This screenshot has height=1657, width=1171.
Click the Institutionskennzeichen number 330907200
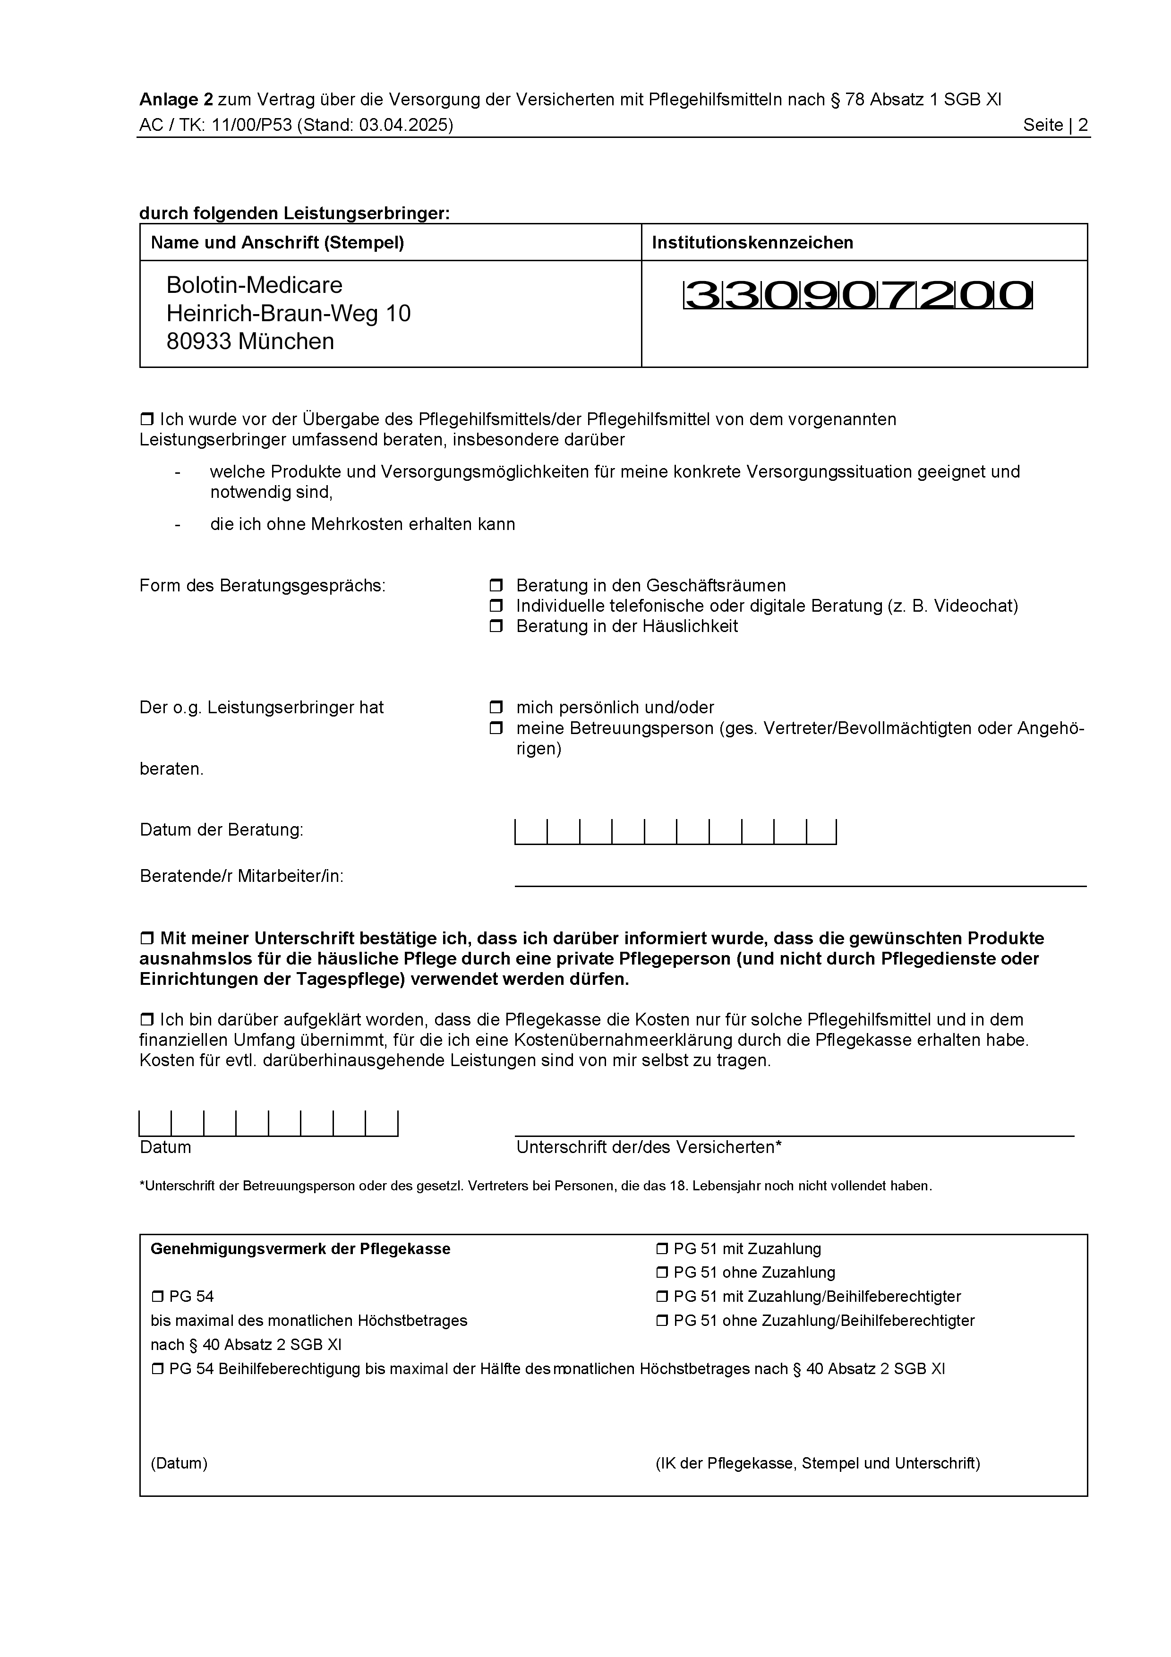click(x=857, y=295)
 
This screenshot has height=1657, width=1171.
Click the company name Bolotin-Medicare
click(x=254, y=285)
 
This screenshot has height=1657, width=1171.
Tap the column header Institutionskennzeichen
click(x=752, y=242)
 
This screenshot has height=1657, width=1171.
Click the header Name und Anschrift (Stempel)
click(x=277, y=242)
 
